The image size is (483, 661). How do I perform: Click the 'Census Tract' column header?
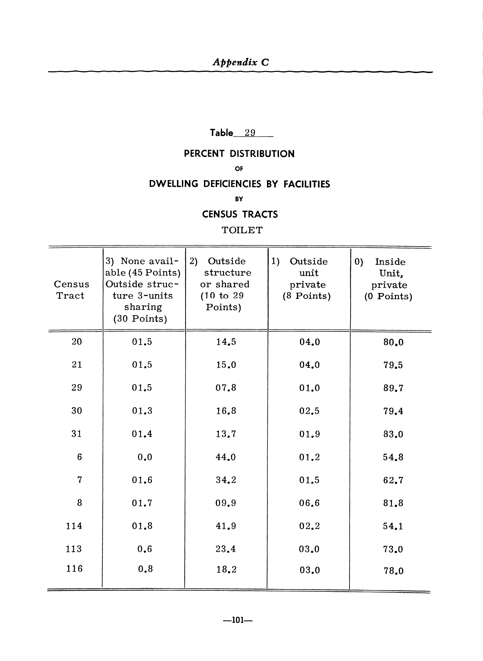pyautogui.click(x=71, y=290)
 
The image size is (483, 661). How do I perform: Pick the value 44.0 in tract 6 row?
pyautogui.click(x=226, y=457)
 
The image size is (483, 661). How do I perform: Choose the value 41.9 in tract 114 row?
pyautogui.click(x=226, y=526)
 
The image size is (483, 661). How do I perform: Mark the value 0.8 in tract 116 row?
pyautogui.click(x=145, y=569)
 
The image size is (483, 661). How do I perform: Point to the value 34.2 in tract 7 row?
pyautogui.click(x=226, y=480)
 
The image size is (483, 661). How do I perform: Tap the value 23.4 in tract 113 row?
pyautogui.click(x=226, y=549)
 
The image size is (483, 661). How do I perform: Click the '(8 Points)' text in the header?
pyautogui.click(x=306, y=296)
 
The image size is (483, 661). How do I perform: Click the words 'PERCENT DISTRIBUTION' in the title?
pyautogui.click(x=239, y=154)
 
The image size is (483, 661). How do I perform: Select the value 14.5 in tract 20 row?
pyautogui.click(x=226, y=342)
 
